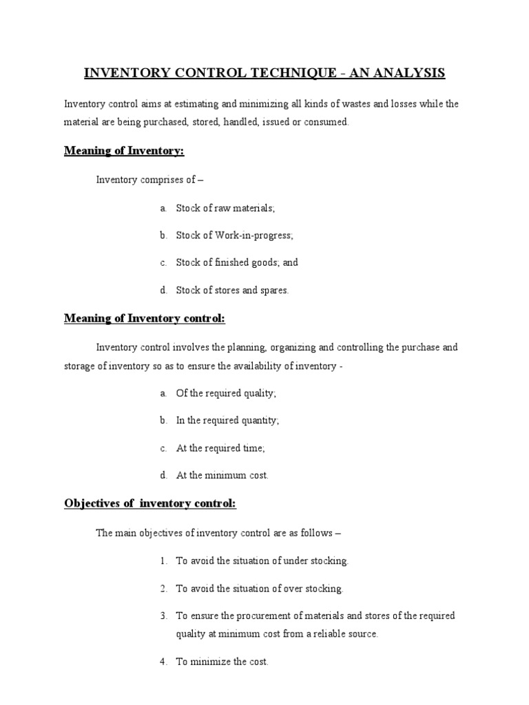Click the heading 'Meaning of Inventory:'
(125, 151)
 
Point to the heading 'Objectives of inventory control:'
(150, 504)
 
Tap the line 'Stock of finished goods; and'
(237, 262)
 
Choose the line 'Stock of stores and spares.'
(232, 290)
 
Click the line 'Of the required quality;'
(226, 393)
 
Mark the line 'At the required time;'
(220, 448)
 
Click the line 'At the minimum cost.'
(222, 475)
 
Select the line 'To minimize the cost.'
(222, 662)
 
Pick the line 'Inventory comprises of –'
(150, 180)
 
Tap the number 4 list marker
(163, 662)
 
